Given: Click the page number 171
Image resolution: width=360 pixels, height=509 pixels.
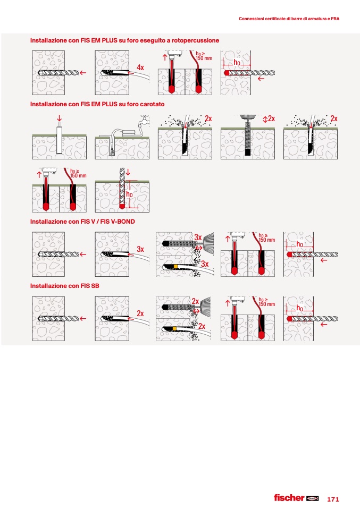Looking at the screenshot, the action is pos(333,499).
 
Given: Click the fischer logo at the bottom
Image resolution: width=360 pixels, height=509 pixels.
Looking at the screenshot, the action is pos(296,498).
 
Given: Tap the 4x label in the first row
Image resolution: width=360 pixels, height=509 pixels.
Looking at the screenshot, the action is pos(140,67).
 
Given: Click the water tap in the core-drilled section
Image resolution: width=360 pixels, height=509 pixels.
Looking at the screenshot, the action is pos(145,119).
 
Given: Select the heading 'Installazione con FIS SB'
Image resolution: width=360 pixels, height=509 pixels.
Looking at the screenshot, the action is pos(65,286).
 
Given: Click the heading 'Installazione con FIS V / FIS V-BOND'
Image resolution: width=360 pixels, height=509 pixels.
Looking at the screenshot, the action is pos(82,222).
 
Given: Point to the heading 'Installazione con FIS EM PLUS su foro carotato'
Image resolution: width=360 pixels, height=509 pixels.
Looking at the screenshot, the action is pos(97,104).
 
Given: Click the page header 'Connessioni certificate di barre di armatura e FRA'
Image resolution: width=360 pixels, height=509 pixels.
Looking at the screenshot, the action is pos(289,19).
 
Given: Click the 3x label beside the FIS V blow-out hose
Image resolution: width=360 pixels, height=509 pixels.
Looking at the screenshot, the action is pos(205,264).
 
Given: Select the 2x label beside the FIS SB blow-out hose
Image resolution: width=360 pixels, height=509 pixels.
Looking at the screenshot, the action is pos(202,326).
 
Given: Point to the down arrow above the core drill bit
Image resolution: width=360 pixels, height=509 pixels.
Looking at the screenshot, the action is pos(59,118).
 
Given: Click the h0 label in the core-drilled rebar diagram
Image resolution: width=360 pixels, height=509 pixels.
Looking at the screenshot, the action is pos(129,194).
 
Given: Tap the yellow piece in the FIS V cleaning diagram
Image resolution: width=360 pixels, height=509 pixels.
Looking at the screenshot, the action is pos(175,267).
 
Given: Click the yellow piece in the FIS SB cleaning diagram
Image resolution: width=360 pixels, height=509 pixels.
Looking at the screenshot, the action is pos(175,329).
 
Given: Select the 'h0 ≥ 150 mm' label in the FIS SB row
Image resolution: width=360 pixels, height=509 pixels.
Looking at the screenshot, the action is pos(267,302).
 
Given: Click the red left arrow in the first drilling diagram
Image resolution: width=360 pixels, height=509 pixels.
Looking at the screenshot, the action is pos(83,73).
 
